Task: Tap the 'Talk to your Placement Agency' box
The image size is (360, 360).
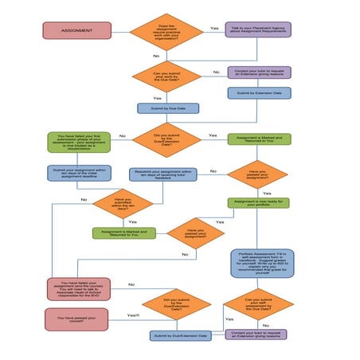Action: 257,31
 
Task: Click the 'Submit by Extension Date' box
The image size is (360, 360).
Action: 257,92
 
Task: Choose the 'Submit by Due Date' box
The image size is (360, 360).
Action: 167,108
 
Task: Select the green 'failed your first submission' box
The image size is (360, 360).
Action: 78,147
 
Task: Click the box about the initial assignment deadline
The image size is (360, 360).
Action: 78,172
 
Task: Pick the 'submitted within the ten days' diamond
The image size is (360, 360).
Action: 122,204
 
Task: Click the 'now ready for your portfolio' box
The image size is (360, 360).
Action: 257,203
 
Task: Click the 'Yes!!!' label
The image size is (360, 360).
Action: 133,316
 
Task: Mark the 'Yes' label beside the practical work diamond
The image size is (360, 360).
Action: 213,28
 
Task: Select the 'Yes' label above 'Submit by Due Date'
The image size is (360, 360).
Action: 157,98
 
